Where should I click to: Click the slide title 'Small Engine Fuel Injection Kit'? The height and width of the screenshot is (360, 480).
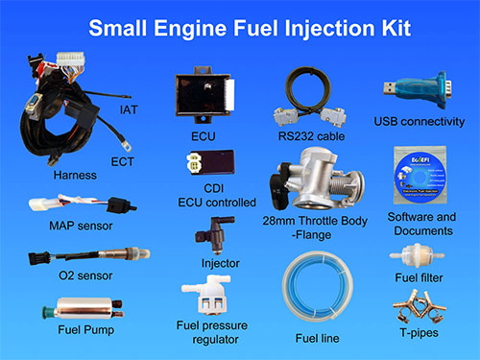tap(240, 29)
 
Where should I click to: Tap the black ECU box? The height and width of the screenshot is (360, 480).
tap(204, 95)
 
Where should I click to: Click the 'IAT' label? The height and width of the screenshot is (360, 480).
tap(129, 110)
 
